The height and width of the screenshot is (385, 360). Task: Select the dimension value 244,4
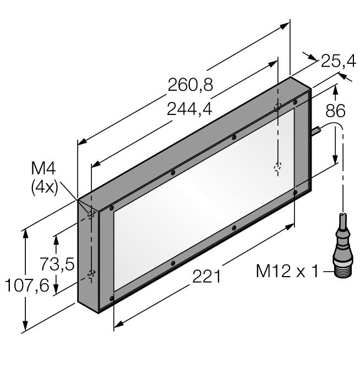coord(189,109)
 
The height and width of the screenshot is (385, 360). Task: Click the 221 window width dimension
coord(206,276)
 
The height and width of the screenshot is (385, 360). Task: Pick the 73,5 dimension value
coord(57,264)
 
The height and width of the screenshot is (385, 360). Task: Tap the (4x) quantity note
coord(44,187)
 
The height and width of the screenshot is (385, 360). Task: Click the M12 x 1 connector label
coord(287,271)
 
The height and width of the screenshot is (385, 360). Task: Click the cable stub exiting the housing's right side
coord(317,131)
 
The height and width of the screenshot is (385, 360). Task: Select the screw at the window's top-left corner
coord(112,208)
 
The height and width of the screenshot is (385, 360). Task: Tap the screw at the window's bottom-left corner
coord(112,298)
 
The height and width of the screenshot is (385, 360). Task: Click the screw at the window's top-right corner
coord(296,102)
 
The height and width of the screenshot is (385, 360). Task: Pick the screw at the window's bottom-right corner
coord(296,192)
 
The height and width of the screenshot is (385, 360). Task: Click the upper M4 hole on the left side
coord(92,215)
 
